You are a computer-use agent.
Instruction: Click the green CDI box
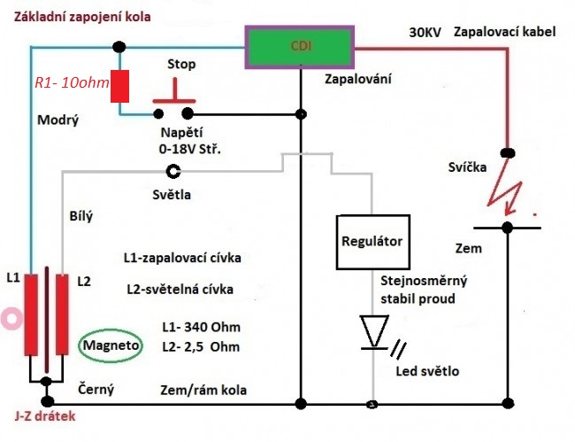click(x=300, y=43)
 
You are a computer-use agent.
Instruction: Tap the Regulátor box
click(x=372, y=241)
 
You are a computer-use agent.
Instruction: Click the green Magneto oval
click(x=111, y=345)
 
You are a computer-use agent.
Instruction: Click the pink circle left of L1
click(x=11, y=316)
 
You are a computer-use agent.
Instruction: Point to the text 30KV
click(x=425, y=33)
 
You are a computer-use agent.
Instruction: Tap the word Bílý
click(x=80, y=215)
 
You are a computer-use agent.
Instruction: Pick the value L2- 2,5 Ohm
click(x=201, y=346)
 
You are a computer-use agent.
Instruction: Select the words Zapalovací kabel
click(x=504, y=33)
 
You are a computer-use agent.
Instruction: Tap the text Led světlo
click(x=428, y=369)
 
